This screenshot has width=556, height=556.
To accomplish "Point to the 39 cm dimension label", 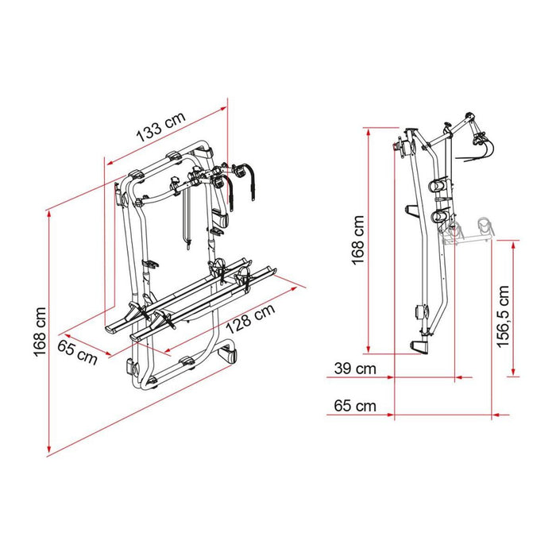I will tap(355, 369).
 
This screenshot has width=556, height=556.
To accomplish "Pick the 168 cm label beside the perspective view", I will tap(39, 333).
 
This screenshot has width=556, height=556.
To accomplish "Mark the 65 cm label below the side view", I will tap(355, 406).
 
